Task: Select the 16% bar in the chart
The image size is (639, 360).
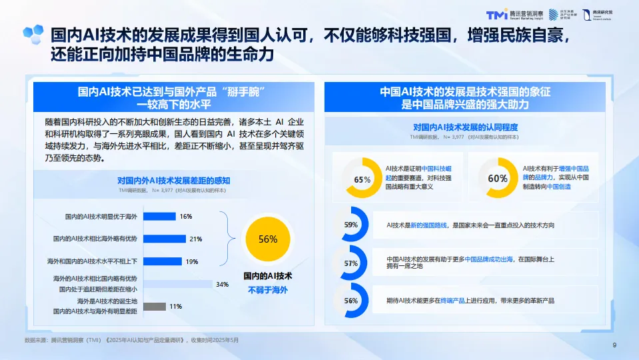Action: pyautogui.click(x=159, y=216)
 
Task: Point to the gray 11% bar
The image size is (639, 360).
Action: pyautogui.click(x=154, y=307)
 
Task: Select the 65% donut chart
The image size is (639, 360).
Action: pyautogui.click(x=362, y=179)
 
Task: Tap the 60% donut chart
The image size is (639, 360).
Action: pyautogui.click(x=497, y=179)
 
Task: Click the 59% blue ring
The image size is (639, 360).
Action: pyautogui.click(x=351, y=225)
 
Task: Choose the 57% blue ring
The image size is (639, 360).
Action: pyautogui.click(x=351, y=263)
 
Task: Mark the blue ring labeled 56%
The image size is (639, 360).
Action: pyautogui.click(x=351, y=301)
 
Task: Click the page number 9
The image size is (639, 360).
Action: pyautogui.click(x=614, y=345)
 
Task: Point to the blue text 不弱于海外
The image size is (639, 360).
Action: pyautogui.click(x=267, y=290)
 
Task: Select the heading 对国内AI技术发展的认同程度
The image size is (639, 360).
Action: pyautogui.click(x=464, y=127)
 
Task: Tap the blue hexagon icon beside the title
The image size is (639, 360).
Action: pyautogui.click(x=33, y=34)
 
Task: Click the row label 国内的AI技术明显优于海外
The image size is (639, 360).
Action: pyautogui.click(x=101, y=217)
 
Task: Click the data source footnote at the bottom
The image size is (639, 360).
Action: pyautogui.click(x=131, y=340)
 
